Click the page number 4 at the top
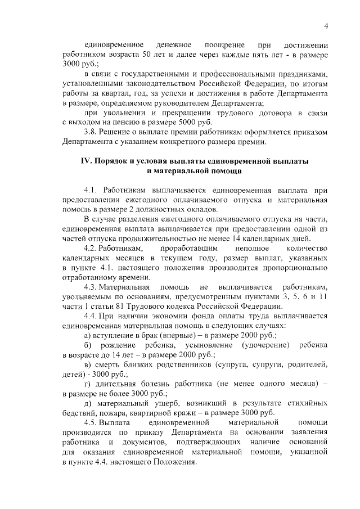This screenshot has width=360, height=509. point(326,25)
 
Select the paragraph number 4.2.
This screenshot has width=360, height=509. point(92,248)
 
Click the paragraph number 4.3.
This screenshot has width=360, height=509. point(92,287)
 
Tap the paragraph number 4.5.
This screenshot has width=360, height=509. point(92,422)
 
